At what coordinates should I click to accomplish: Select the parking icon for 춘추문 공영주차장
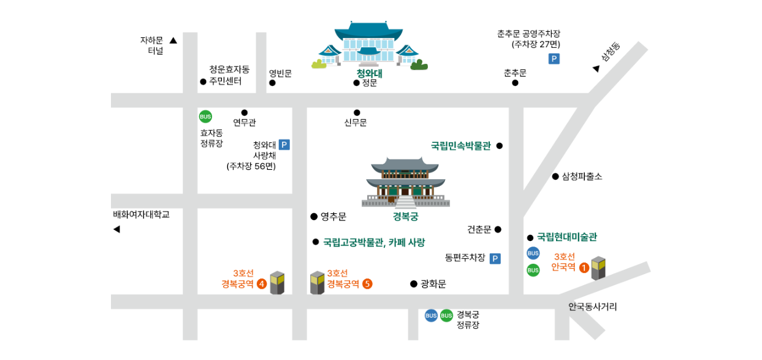tap(554, 59)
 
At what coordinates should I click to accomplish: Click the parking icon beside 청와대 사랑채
tap(284, 145)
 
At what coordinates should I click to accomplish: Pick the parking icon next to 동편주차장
tap(495, 258)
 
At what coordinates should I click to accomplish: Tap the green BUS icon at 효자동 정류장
tap(205, 117)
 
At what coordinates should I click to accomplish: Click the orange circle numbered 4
tap(262, 283)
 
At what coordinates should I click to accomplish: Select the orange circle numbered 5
tap(367, 283)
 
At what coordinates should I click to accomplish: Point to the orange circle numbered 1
tap(584, 267)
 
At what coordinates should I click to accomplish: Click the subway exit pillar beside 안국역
tap(598, 268)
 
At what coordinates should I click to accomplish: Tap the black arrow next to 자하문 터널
tap(173, 41)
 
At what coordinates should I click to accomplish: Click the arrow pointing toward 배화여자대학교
tap(116, 229)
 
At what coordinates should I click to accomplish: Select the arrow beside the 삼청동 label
tap(596, 69)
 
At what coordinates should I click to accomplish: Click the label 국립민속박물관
tap(460, 146)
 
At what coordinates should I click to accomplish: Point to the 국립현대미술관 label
tap(567, 237)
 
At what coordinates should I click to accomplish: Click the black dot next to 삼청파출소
tap(555, 177)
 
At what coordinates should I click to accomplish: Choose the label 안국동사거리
tap(593, 307)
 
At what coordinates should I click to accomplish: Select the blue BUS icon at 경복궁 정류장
tap(431, 315)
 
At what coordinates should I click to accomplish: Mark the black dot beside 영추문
tap(314, 216)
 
